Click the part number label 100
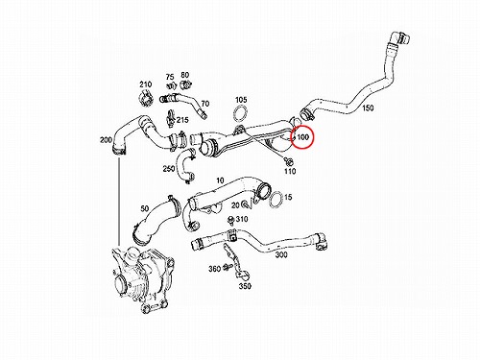coord(303,137)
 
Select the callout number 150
coord(368,108)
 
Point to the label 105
coord(241,100)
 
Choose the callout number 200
coord(106,140)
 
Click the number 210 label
coord(145,84)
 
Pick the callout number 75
coord(170,77)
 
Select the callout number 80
coord(185,75)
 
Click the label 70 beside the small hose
coord(205,104)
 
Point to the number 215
coord(182,120)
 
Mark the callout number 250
coord(169,168)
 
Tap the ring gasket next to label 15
coord(276,200)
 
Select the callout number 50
coord(145,208)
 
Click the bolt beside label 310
coord(230,220)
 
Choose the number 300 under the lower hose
coord(281,255)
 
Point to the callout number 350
coord(245,286)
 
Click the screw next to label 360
coord(228,267)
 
